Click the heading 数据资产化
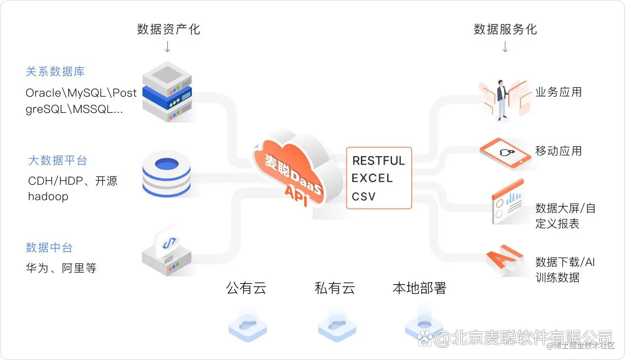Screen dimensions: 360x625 pyautogui.click(x=168, y=29)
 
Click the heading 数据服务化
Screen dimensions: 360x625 pyautogui.click(x=505, y=29)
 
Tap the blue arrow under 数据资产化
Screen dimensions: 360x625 pyautogui.click(x=168, y=47)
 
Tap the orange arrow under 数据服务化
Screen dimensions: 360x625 pyautogui.click(x=505, y=47)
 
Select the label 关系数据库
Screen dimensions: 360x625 pyautogui.click(x=55, y=71)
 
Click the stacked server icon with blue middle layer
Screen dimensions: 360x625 pyautogui.click(x=167, y=92)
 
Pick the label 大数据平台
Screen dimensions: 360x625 pyautogui.click(x=58, y=160)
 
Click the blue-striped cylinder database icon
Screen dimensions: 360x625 pyautogui.click(x=167, y=175)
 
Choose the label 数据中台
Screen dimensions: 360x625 pyautogui.click(x=49, y=248)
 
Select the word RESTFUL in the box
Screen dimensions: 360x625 pyautogui.click(x=378, y=161)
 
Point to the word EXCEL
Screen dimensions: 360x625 pyautogui.click(x=372, y=178)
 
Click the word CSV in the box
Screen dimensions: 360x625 pyautogui.click(x=364, y=197)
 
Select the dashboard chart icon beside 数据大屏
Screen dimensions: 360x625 pyautogui.click(x=508, y=203)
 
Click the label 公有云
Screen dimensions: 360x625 pyautogui.click(x=246, y=288)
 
